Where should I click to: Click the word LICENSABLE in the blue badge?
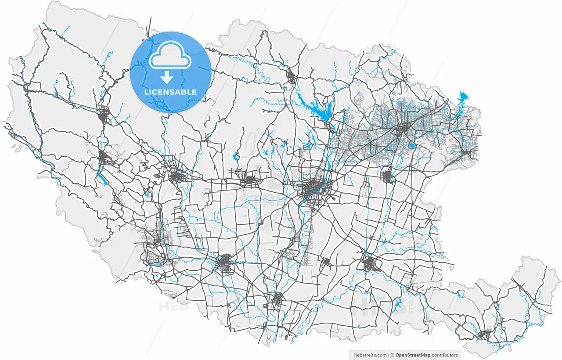pos(170,92)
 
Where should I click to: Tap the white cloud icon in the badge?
pos(170,55)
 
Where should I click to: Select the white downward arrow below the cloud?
pos(166,78)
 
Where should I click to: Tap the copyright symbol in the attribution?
pos(393,355)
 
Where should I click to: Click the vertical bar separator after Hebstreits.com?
pos(389,355)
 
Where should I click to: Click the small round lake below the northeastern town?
pos(411,145)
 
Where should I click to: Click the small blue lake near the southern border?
pos(398,304)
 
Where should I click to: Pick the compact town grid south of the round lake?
pos(387,176)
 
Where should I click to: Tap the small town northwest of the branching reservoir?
pos(291,77)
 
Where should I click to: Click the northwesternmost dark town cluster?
pos(105,115)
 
